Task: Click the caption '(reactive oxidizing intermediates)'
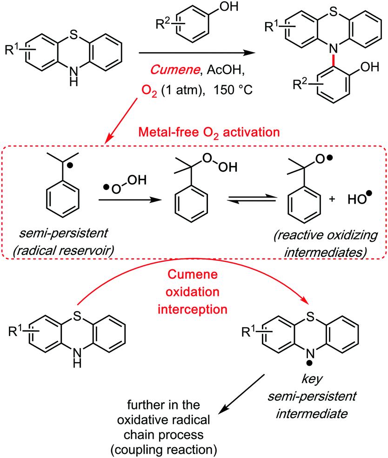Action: pyautogui.click(x=321, y=248)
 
